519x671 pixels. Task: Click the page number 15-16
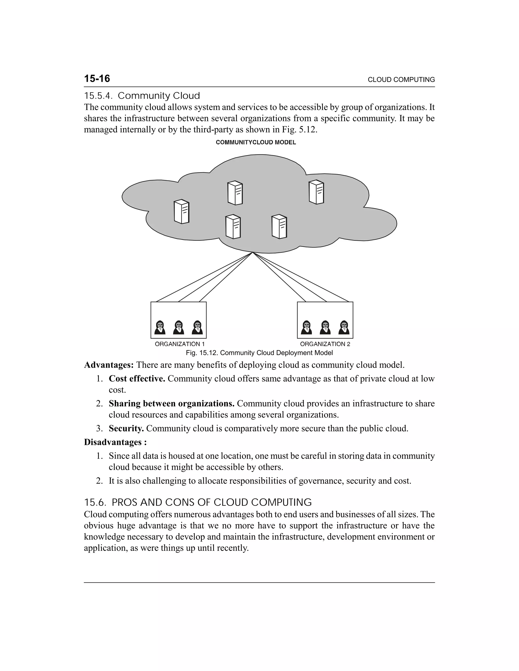[97, 79]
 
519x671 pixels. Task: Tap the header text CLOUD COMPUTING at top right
[401, 80]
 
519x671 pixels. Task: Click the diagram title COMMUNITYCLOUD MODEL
[256, 143]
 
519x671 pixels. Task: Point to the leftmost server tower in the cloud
[181, 212]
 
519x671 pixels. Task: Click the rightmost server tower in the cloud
[316, 192]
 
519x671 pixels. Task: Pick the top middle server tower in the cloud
[235, 193]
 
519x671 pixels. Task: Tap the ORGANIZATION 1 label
[180, 344]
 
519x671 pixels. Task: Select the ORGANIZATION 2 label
[325, 344]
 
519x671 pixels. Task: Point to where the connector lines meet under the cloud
[253, 252]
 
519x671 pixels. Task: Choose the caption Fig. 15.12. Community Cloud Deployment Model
[259, 353]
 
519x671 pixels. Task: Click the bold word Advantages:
[109, 365]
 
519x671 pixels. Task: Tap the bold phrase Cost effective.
[137, 379]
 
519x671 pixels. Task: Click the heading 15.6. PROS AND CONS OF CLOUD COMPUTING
[198, 502]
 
